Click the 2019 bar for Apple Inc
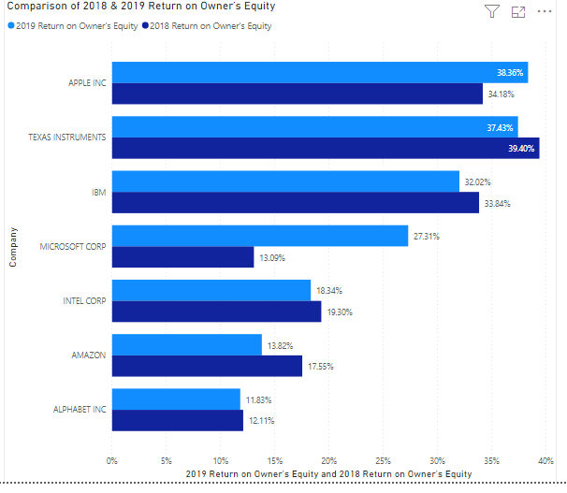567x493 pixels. click(x=319, y=72)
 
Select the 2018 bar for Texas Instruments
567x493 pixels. click(x=326, y=148)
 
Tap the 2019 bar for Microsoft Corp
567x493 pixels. click(x=260, y=236)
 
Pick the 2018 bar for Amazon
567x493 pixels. click(x=207, y=366)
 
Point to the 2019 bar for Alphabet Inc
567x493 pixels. click(x=176, y=399)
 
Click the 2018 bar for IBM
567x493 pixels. click(x=296, y=202)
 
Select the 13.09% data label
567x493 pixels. click(x=271, y=258)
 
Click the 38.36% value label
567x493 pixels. click(x=511, y=72)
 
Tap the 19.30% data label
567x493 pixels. click(x=340, y=312)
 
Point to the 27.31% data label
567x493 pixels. click(x=426, y=237)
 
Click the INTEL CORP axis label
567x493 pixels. click(x=83, y=301)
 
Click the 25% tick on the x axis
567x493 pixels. click(x=383, y=460)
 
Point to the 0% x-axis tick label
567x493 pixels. click(x=112, y=460)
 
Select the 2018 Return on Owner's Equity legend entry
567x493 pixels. click(x=211, y=26)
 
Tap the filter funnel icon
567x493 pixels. click(x=491, y=11)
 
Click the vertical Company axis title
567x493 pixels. click(x=13, y=246)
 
